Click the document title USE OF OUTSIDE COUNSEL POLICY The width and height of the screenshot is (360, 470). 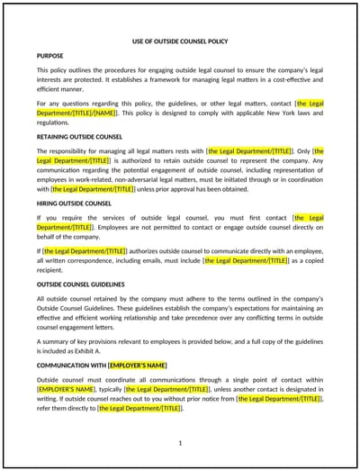point(180,41)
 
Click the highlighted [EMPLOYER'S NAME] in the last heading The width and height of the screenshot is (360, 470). point(137,366)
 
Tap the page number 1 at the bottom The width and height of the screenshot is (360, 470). point(180,442)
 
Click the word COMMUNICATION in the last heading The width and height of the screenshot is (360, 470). point(63,366)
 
